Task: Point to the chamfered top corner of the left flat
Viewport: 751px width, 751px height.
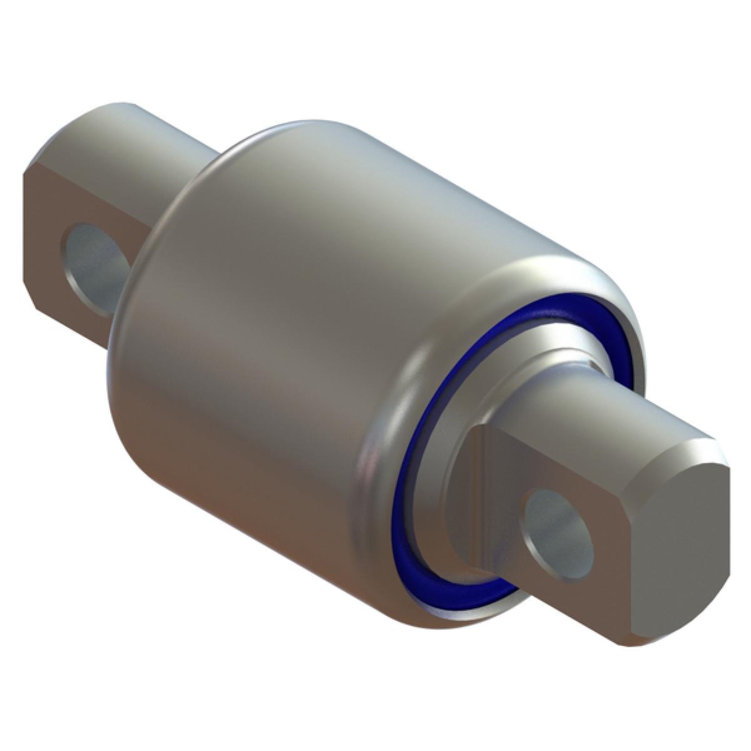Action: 38,160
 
